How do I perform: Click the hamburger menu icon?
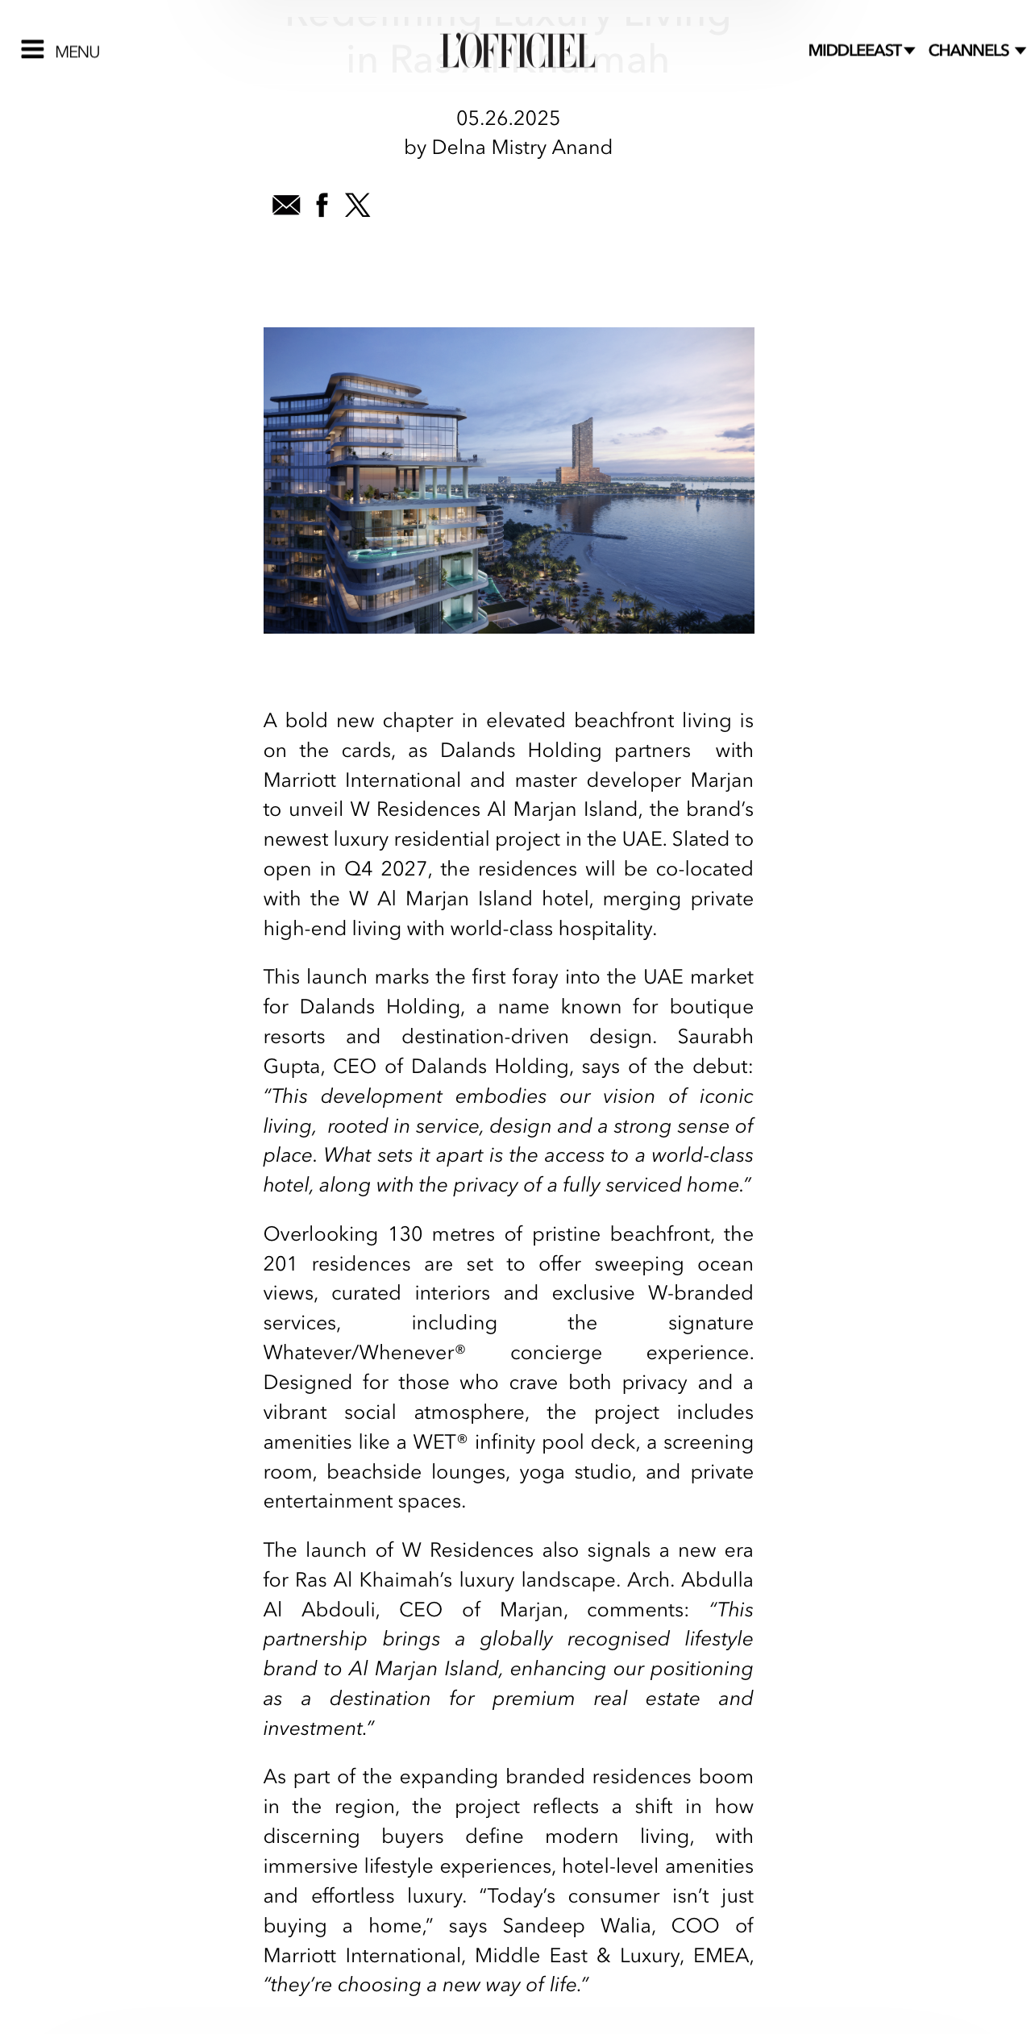[32, 50]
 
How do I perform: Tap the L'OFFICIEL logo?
[517, 51]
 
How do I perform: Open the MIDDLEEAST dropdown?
[860, 51]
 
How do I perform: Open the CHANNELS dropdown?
[976, 51]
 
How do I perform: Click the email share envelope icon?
[286, 206]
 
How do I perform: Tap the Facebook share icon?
[322, 206]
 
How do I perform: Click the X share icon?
[358, 206]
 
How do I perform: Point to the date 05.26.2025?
[508, 119]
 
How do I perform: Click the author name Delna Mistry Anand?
[522, 148]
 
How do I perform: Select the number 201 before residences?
[281, 1264]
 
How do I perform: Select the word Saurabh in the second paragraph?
[715, 1037]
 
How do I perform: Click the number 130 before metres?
[404, 1234]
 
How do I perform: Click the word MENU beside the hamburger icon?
[77, 52]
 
